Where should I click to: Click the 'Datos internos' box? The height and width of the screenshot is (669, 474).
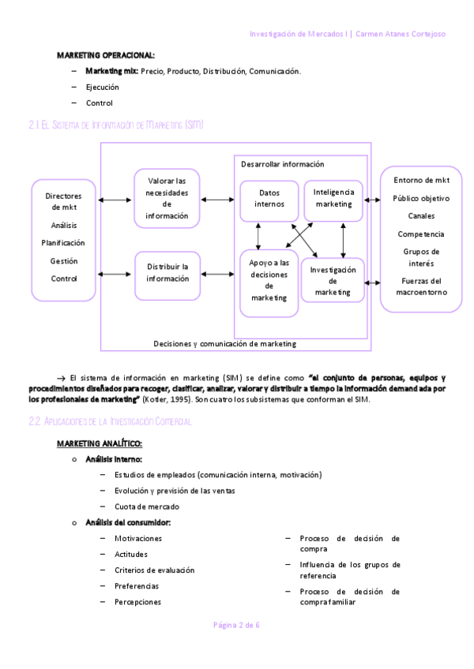[x=269, y=200]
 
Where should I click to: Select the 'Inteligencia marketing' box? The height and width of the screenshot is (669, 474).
[x=333, y=198]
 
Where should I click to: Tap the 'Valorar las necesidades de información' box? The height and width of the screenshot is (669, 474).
[x=167, y=198]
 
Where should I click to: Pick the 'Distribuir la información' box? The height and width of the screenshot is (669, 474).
[x=167, y=273]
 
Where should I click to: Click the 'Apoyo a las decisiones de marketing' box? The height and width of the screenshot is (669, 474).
[x=269, y=280]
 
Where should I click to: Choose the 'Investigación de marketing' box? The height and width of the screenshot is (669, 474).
[x=333, y=281]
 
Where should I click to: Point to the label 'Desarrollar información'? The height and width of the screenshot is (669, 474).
[x=283, y=164]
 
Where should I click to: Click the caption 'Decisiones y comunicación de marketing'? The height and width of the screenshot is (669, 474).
[x=225, y=343]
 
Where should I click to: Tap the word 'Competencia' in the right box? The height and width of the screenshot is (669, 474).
[x=420, y=234]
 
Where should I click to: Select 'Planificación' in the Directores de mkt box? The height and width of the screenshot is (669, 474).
[x=63, y=243]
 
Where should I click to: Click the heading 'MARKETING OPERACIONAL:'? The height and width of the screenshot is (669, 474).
[x=106, y=55]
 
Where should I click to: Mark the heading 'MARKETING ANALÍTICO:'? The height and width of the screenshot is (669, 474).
[x=99, y=443]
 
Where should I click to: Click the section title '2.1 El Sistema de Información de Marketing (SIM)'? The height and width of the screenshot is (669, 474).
[x=115, y=125]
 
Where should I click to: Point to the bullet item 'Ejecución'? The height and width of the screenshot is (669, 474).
[x=102, y=87]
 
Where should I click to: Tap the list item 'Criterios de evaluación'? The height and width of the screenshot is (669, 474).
[x=154, y=570]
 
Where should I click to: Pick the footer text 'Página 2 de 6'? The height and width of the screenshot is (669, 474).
[x=237, y=625]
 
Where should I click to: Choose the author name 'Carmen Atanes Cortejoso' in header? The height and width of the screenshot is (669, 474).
[x=403, y=35]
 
